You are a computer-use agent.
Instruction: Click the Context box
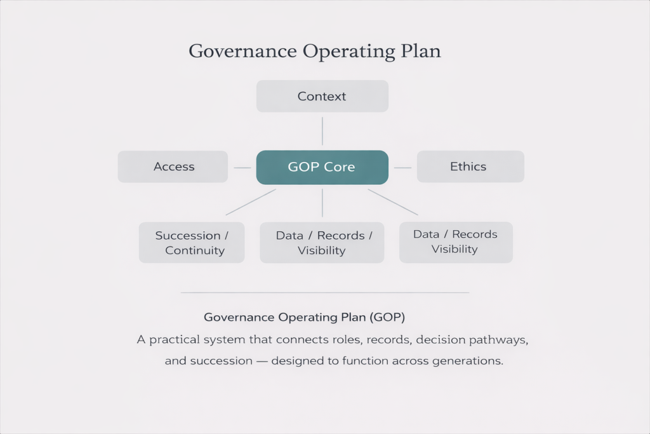[x=322, y=96]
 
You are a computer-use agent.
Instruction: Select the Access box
[x=173, y=166]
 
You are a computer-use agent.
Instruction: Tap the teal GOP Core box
[x=322, y=167]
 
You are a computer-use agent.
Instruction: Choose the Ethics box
[x=470, y=166]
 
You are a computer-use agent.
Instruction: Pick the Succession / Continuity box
[x=192, y=242]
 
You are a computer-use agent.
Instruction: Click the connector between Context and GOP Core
[x=322, y=131]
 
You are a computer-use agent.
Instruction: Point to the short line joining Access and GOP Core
[x=242, y=168]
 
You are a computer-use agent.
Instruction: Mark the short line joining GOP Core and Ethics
[x=402, y=168]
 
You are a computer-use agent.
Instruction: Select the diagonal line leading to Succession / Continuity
[x=251, y=202]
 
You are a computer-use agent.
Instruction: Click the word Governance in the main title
[x=242, y=51]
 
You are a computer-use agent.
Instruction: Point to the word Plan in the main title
[x=420, y=51]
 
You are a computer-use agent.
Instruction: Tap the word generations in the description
[x=468, y=362]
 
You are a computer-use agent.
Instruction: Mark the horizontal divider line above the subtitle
[x=325, y=292]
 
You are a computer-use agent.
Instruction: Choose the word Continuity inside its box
[x=195, y=250]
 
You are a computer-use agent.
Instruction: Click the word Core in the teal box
[x=339, y=166]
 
